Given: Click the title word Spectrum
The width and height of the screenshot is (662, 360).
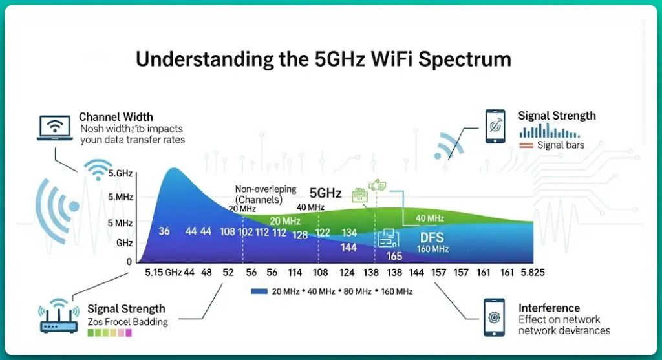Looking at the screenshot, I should coord(465,59).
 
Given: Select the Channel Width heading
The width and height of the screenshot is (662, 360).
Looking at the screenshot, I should coord(116,117).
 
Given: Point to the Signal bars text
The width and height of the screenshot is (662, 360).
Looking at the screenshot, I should coord(561,145).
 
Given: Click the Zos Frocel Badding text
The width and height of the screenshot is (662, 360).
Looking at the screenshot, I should coord(127,321).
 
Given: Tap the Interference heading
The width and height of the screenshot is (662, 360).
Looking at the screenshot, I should coord(549,308).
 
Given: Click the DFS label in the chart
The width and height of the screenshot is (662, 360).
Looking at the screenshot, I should coord(432,237).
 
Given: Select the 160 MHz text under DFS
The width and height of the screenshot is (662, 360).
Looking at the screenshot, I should coord(432,249).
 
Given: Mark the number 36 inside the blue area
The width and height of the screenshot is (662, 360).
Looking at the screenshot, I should coord(164,231).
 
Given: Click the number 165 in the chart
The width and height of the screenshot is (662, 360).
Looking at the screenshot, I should coord(394,256).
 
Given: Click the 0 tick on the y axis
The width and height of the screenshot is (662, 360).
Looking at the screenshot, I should coord(129,262).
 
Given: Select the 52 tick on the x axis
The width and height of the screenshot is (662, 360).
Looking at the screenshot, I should coord(228,273).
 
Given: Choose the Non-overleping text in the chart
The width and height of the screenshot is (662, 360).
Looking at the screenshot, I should coord(265,190).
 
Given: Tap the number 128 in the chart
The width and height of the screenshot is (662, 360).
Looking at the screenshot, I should coord(300,235).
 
